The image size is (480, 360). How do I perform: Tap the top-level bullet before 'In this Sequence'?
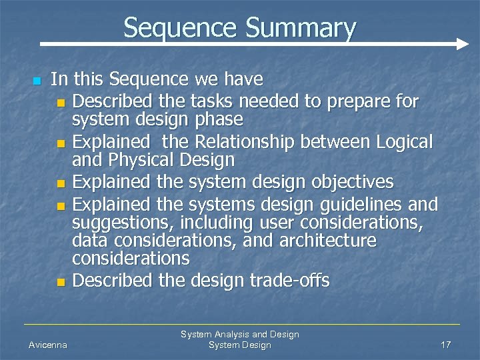coord(37,81)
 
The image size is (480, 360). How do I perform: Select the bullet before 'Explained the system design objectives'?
coord(61,183)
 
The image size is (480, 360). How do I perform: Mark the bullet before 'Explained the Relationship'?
coord(61,143)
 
